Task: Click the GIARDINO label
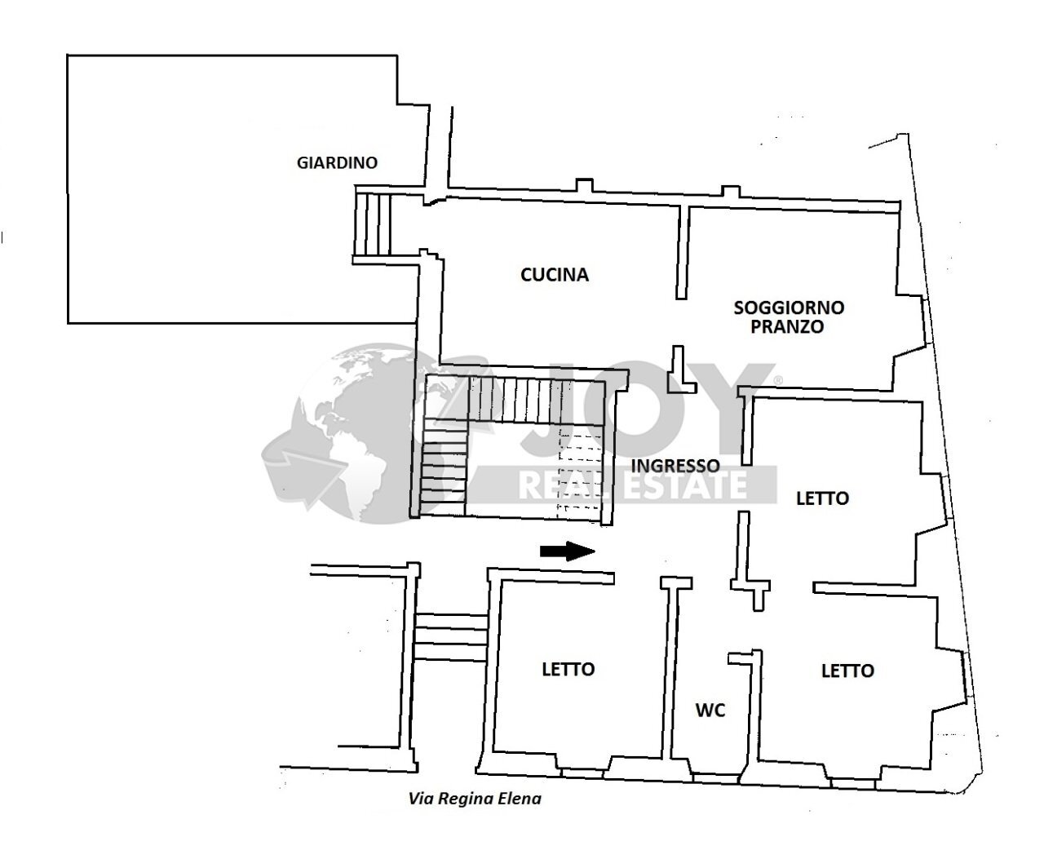click(337, 162)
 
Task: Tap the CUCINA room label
click(555, 275)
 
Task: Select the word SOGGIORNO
click(789, 308)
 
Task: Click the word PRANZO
click(789, 327)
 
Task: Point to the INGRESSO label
click(676, 466)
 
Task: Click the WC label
click(710, 711)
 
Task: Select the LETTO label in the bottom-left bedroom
click(568, 669)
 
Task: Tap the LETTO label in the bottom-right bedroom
click(847, 671)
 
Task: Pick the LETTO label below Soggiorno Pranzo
click(822, 498)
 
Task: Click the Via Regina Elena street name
click(474, 799)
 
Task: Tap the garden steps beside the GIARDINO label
click(374, 224)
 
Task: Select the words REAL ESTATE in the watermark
click(633, 485)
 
